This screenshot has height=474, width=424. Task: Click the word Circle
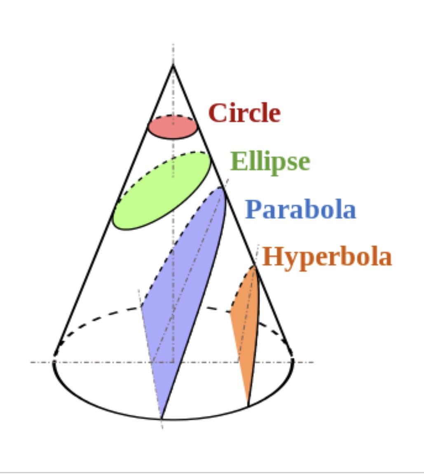point(244,113)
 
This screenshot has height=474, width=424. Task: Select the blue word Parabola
point(301,209)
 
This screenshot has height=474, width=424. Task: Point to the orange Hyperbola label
point(327,257)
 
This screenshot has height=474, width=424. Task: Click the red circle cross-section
point(173,127)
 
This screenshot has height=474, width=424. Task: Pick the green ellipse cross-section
point(162,191)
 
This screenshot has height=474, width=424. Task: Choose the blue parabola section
point(183,302)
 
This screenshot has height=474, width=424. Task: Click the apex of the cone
point(173,65)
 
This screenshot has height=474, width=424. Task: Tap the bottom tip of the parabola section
point(162,419)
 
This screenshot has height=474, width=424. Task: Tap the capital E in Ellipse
point(237,161)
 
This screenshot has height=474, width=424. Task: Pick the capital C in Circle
point(217,113)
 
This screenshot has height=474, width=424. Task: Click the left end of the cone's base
point(54,361)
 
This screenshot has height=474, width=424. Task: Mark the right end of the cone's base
point(293,361)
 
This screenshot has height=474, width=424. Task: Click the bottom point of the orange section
point(248,406)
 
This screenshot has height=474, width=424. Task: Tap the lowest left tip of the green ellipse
point(114,222)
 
